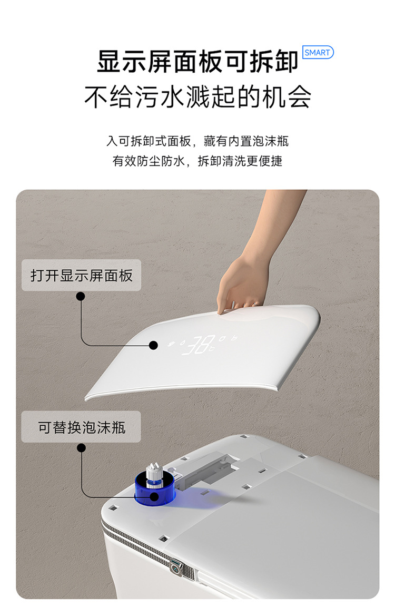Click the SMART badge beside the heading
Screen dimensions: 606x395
318,52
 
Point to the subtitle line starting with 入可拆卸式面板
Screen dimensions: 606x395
197,141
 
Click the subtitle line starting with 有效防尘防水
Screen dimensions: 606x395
197,161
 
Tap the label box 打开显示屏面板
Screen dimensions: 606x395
81,275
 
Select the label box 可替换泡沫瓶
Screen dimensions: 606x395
81,427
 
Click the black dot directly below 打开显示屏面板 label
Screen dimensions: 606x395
81,297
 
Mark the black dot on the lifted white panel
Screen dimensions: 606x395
153,345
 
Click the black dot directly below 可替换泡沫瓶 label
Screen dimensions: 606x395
81,448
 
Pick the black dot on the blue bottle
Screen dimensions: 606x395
154,496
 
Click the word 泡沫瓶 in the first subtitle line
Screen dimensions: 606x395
273,141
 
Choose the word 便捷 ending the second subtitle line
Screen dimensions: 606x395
271,161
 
